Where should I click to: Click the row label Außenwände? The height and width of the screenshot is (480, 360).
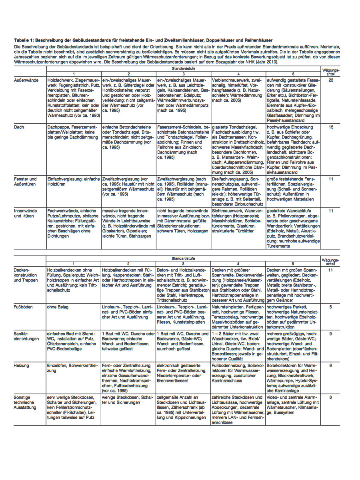click(27, 80)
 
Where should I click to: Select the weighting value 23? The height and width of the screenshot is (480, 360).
click(331, 80)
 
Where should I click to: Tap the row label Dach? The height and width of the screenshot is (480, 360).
click(19, 127)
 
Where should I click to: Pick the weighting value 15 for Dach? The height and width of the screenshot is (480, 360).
click(331, 127)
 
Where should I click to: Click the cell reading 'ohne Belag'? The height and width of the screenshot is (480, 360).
click(58, 307)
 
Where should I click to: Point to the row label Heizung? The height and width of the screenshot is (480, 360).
click(22, 366)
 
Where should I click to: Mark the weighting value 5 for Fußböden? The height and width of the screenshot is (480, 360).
click(331, 307)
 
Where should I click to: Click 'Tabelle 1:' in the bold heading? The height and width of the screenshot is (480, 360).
click(24, 40)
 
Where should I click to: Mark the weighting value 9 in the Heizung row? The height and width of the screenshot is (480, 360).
click(331, 366)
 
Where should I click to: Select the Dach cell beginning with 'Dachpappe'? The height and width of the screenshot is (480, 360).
click(73, 132)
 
